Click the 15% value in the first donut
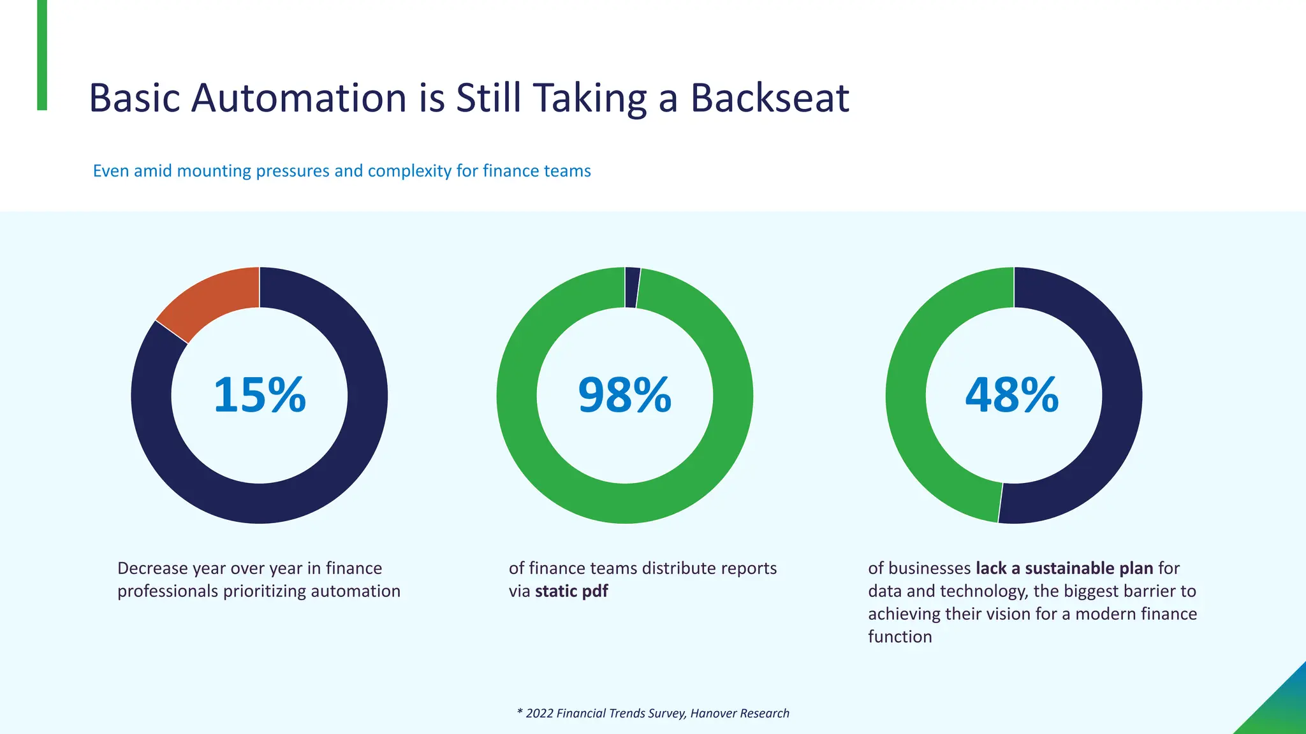point(260,395)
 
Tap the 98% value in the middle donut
point(624,395)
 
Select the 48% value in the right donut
point(1012,395)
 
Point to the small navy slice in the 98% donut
point(632,287)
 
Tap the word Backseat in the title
point(770,98)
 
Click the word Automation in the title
point(298,98)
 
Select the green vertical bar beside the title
point(42,55)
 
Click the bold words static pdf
point(571,591)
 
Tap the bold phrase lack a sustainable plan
point(1064,568)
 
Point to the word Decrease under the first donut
point(152,568)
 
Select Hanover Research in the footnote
point(739,714)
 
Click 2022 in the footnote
point(539,714)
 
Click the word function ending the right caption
point(900,637)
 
